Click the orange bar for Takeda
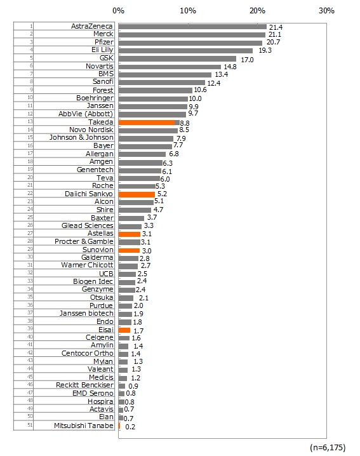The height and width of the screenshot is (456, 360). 147,123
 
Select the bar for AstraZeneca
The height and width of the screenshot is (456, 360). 192,27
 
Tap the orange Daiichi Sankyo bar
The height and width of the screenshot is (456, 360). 137,194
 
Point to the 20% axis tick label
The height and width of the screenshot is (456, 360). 257,11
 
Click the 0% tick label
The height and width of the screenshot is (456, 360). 118,11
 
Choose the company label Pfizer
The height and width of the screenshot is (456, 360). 104,42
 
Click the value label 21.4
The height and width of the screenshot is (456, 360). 276,27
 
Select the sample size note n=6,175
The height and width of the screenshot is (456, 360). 328,447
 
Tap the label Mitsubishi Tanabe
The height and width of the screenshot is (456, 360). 84,426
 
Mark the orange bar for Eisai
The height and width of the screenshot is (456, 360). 124,330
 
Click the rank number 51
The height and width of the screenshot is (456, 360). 30,425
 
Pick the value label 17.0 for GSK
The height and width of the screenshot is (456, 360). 247,60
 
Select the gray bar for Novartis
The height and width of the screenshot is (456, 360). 170,67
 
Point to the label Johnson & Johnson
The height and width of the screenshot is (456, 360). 81,137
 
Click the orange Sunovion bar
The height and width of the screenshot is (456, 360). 129,250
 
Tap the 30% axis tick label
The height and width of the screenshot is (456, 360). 326,11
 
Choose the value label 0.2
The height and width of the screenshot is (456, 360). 130,427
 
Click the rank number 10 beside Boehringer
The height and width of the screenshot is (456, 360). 30,97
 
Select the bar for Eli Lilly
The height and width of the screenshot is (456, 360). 185,51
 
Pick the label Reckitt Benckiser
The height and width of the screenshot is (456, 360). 84,385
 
